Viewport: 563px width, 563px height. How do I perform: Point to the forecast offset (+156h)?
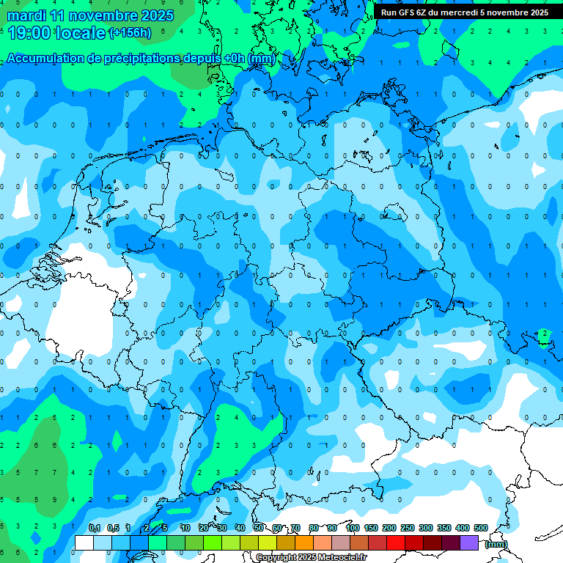click(130, 33)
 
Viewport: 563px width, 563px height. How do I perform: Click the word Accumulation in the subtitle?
click(48, 59)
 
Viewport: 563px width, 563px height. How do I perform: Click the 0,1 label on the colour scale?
click(95, 528)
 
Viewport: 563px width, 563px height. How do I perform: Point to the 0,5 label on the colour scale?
click(113, 528)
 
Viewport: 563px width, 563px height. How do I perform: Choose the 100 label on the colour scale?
click(353, 528)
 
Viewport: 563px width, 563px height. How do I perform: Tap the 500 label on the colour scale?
click(481, 528)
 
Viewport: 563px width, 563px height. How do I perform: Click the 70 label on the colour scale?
click(295, 528)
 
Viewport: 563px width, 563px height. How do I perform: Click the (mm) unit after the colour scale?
click(496, 544)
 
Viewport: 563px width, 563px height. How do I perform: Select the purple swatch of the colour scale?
click(469, 542)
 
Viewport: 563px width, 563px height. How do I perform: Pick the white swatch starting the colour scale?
click(84, 542)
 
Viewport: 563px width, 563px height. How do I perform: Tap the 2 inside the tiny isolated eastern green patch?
click(544, 334)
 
